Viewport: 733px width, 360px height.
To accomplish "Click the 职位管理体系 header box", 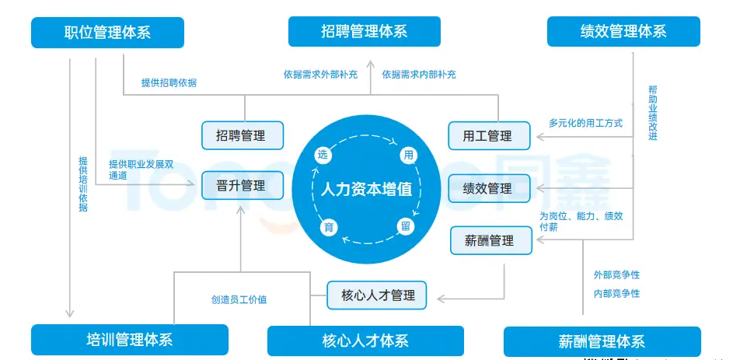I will pos(107,33).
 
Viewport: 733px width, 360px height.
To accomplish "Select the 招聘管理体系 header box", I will pos(364,32).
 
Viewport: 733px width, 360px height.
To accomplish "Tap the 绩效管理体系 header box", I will pos(623,32).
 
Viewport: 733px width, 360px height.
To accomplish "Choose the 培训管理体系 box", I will pos(130,340).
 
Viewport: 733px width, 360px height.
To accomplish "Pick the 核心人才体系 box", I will pos(365,341).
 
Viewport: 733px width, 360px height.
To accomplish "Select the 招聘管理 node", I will pos(243,135).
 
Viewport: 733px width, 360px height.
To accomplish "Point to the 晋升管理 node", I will pos(243,186).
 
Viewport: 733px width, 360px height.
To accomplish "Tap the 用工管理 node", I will pos(489,136).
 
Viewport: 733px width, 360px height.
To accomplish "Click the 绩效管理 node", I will pos(489,188).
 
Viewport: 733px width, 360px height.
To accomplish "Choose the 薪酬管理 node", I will pos(491,240).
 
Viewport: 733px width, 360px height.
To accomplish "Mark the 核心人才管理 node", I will pos(377,295).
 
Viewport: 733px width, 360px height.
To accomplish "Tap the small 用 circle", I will pos(408,155).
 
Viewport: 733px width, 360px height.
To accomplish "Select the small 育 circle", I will pos(328,226).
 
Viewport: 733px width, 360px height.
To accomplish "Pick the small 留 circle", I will pos(405,226).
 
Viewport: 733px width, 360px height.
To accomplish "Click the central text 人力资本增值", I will pos(366,190).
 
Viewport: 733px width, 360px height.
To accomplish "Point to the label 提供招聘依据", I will pos(169,82).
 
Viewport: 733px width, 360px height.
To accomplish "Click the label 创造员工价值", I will pos(239,299).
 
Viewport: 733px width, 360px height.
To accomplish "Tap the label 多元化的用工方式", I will pos(585,123).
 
